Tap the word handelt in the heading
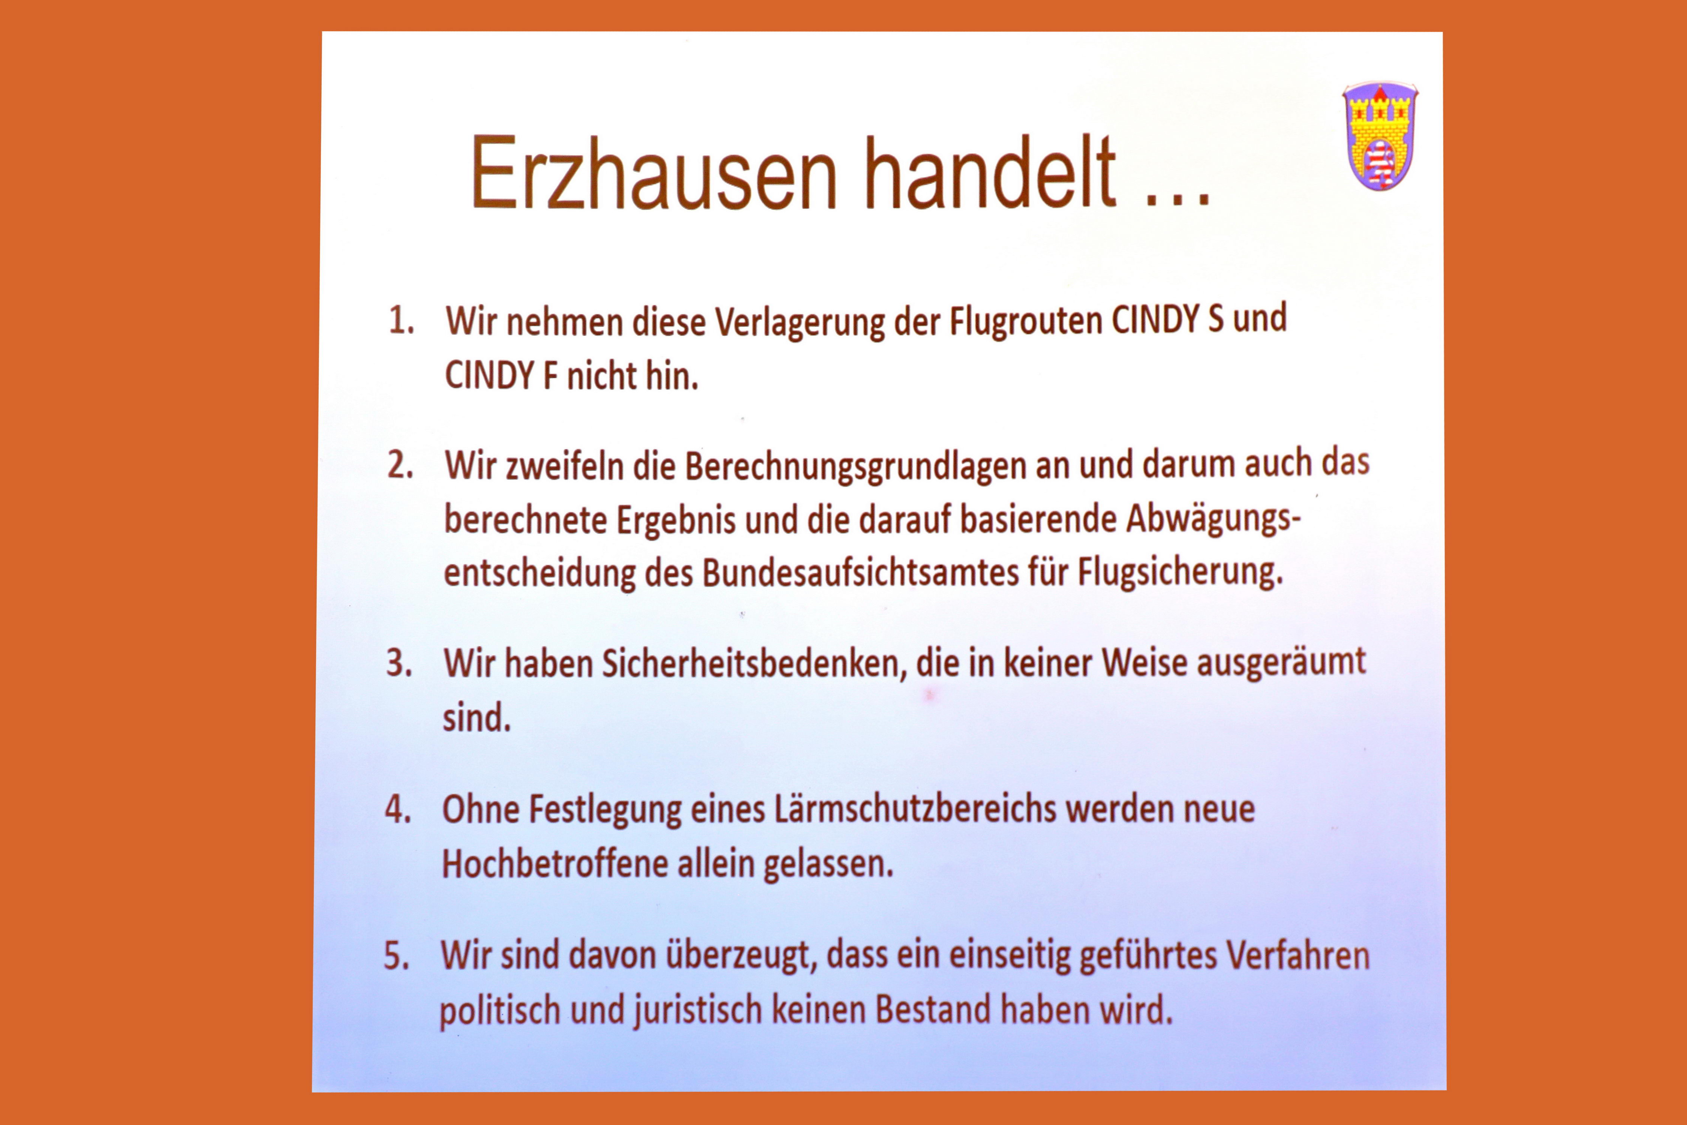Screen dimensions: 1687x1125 coord(990,173)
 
